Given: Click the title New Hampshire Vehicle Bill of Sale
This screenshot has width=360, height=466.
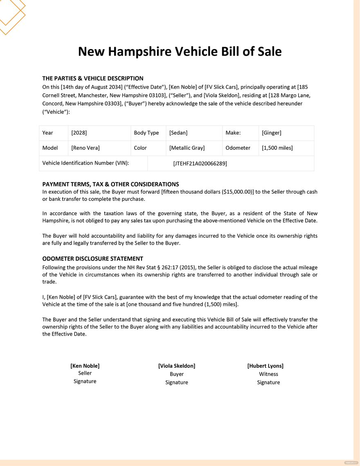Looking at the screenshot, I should click(180, 52).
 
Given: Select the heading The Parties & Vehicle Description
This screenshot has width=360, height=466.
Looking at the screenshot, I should click(93, 78).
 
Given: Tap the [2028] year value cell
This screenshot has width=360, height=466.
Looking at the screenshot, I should click(79, 133).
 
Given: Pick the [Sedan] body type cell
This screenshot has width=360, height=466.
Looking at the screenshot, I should click(178, 133).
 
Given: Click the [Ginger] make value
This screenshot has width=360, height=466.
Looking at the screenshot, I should click(272, 133).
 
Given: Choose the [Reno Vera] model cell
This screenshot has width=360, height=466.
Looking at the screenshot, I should click(85, 148).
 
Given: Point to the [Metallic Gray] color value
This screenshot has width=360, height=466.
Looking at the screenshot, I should click(187, 148).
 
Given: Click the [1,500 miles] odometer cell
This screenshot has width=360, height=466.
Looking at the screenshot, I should click(277, 148).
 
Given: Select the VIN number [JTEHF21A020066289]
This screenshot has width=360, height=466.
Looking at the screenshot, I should click(200, 163).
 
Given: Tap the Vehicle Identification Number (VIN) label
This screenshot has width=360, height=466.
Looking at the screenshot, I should click(86, 163).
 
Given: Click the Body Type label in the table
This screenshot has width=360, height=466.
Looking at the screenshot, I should click(146, 133).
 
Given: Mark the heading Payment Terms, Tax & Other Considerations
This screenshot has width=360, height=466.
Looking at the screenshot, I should click(110, 184).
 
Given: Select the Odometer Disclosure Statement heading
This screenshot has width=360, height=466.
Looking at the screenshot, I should click(93, 259).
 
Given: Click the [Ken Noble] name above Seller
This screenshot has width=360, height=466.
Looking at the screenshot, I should click(85, 366).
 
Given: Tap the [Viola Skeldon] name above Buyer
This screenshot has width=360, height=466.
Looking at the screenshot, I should click(177, 366).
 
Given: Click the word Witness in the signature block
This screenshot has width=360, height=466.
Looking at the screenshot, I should click(268, 374).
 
